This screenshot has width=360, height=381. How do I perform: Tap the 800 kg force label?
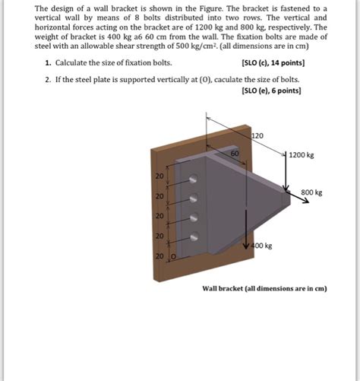click(x=311, y=193)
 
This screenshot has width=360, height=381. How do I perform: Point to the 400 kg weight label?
click(x=261, y=246)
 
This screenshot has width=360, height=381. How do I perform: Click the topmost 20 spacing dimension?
click(x=159, y=176)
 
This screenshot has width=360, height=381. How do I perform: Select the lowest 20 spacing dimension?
click(x=159, y=256)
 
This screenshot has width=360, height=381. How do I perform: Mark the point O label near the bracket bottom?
click(x=172, y=257)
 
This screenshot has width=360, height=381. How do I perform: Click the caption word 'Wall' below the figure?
click(x=210, y=289)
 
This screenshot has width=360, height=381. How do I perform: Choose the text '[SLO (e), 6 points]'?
click(x=270, y=89)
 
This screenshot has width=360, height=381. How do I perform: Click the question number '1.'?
click(x=48, y=62)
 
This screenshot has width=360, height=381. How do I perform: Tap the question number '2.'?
click(x=48, y=79)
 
